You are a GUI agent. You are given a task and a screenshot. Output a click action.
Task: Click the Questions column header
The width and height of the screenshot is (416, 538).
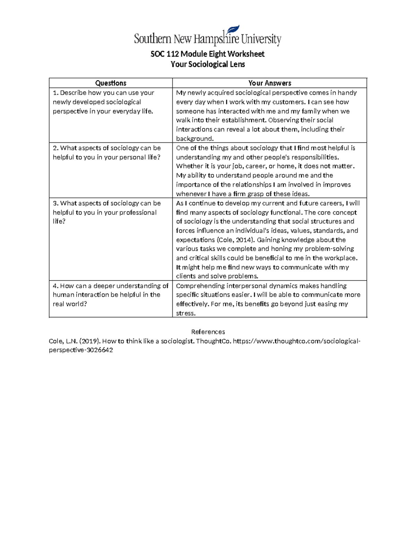(111, 83)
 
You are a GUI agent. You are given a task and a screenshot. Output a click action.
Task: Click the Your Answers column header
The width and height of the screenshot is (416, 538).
(269, 83)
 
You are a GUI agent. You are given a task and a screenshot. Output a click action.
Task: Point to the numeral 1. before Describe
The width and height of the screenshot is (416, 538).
(55, 93)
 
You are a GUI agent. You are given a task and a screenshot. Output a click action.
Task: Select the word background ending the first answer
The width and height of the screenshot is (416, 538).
(194, 139)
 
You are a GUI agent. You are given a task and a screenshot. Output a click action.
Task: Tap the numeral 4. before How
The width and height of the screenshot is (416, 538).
(55, 286)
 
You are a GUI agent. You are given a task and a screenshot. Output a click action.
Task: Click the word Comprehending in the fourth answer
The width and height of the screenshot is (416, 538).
(200, 286)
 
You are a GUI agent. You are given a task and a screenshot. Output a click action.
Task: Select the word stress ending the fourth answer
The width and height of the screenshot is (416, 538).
(185, 313)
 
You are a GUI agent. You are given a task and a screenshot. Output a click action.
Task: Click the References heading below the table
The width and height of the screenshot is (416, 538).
(208, 332)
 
